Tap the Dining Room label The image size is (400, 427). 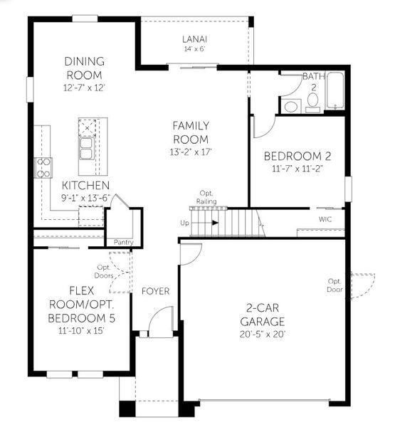coord(84,68)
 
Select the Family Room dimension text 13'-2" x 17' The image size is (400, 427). coord(190,152)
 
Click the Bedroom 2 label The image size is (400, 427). coord(297,156)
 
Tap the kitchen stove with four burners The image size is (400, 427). coord(43,168)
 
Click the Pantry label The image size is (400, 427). coord(123,242)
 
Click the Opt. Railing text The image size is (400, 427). coord(206,197)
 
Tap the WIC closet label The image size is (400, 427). coord(325,219)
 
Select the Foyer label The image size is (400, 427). coord(154,291)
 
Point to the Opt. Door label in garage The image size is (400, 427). coord(335,285)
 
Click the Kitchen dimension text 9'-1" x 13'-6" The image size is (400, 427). coord(85,198)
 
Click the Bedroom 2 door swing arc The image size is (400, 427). coord(263,127)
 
